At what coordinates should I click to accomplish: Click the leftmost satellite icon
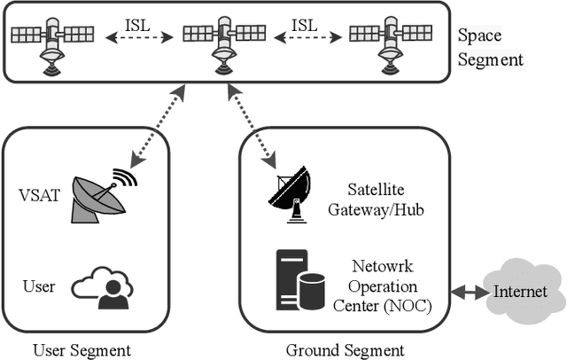(51, 41)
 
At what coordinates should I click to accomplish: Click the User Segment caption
(82, 349)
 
